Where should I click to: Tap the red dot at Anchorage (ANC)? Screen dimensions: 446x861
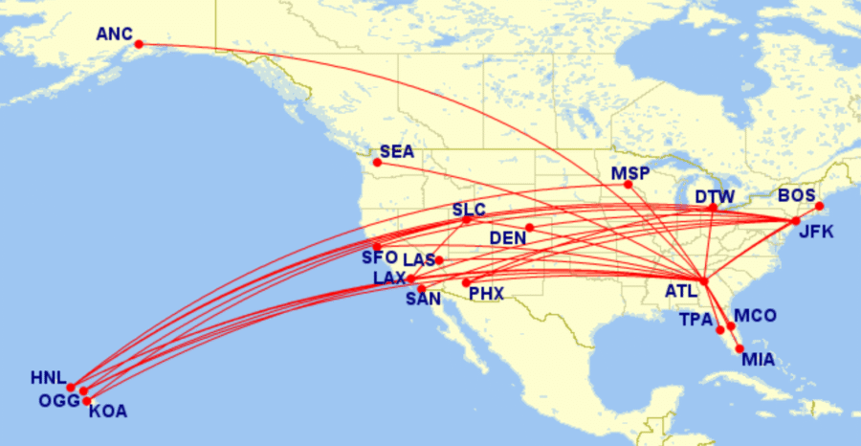(x=139, y=44)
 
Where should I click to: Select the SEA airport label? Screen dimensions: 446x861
(x=396, y=151)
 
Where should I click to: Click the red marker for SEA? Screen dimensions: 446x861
(x=377, y=163)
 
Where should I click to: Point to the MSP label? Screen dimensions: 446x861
(x=630, y=173)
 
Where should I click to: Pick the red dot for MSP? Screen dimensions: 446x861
(x=629, y=185)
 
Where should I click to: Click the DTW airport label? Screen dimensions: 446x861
(x=714, y=197)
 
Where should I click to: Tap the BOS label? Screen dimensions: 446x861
(x=796, y=195)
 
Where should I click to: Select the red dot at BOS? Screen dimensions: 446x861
(x=820, y=207)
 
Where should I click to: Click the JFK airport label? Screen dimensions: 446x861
(x=816, y=232)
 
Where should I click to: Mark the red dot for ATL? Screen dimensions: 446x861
(x=704, y=281)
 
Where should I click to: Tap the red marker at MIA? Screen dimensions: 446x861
(x=740, y=348)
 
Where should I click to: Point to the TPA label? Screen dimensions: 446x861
(x=696, y=319)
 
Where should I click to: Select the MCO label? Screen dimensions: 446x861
(x=755, y=316)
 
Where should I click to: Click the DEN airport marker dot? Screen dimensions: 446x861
(x=529, y=228)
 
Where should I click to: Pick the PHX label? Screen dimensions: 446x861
(x=486, y=294)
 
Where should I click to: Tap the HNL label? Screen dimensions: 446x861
(x=48, y=378)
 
